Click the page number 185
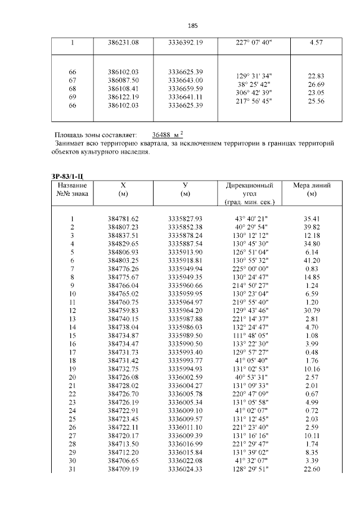point(192,26)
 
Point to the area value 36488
point(163,136)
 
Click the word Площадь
point(71,136)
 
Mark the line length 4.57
point(316,42)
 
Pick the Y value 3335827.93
point(185,218)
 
